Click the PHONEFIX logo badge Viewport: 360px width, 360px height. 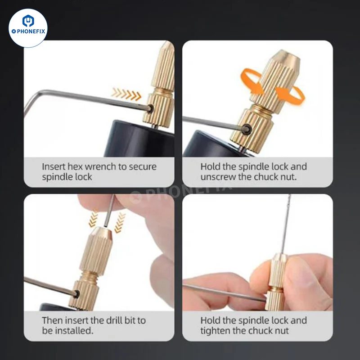point(28,28)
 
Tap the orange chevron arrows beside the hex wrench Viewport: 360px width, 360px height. point(126,94)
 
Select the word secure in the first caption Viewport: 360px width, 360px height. point(143,166)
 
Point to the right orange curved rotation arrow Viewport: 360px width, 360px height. point(291,95)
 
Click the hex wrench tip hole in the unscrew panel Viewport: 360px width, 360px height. point(247,129)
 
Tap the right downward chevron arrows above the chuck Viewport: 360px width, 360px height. point(120,222)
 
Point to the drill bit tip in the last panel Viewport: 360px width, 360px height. point(290,195)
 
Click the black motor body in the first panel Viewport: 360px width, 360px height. point(138,139)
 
